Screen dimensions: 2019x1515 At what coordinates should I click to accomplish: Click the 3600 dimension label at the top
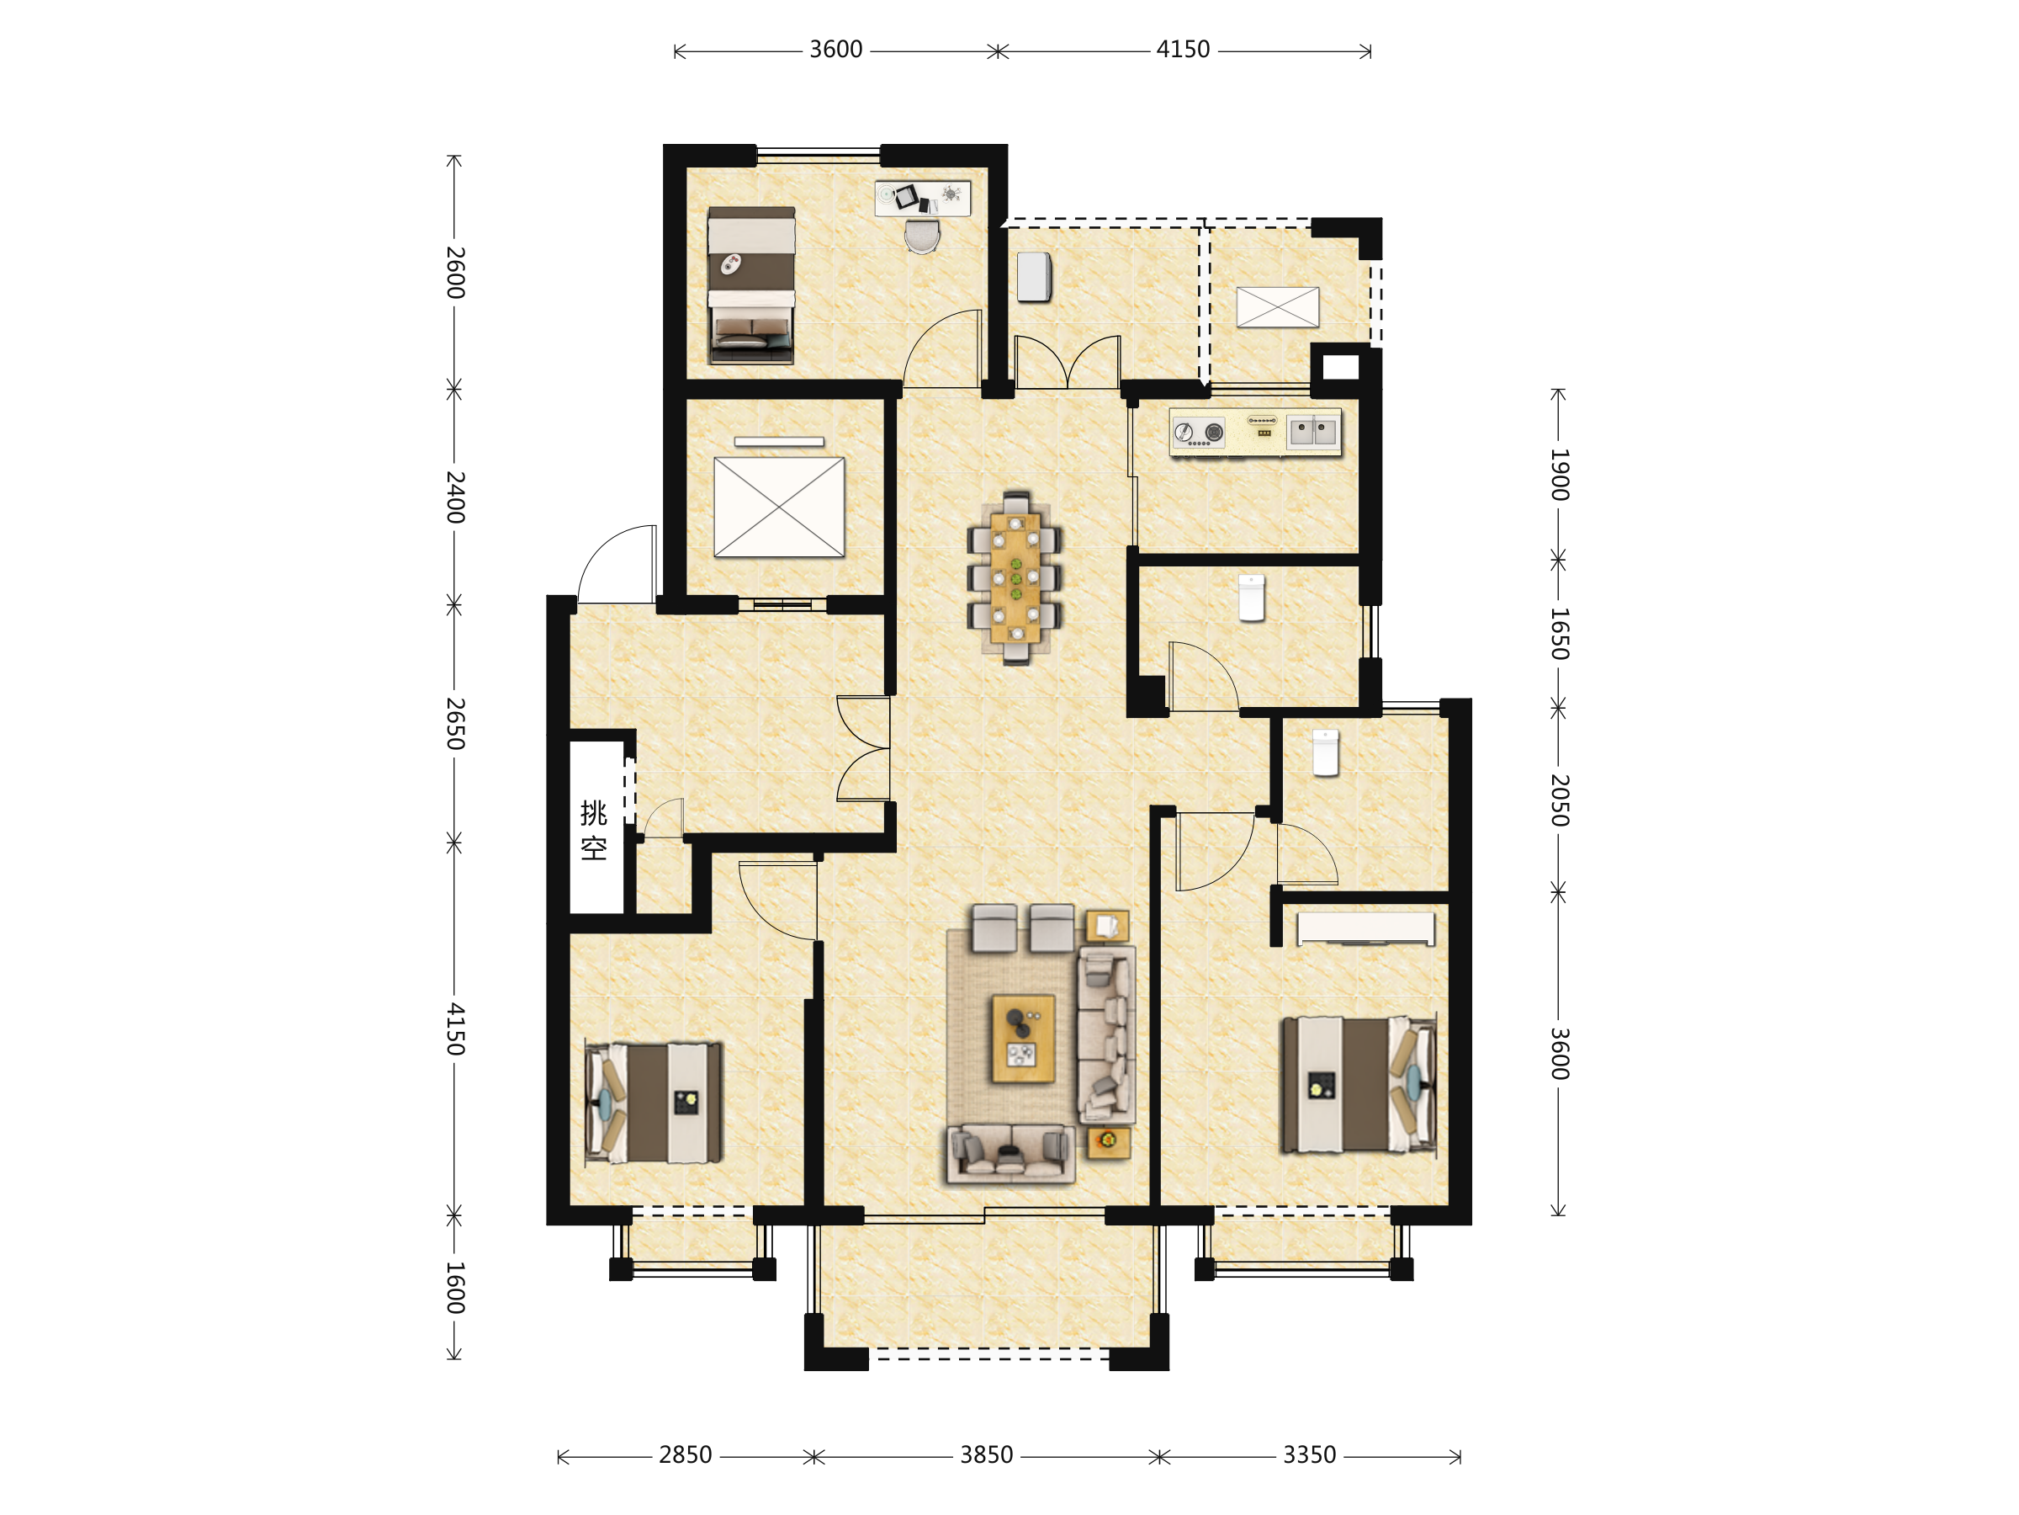pyautogui.click(x=835, y=50)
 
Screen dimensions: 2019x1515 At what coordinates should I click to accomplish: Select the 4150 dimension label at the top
pyautogui.click(x=1183, y=50)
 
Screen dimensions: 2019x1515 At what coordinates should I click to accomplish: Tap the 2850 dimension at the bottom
pyautogui.click(x=685, y=1454)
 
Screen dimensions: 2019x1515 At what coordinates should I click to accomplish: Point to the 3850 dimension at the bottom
pyautogui.click(x=986, y=1454)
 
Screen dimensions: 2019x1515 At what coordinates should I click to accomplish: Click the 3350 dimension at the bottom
pyautogui.click(x=1309, y=1454)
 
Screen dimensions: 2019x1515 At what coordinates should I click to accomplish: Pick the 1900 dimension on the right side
pyautogui.click(x=1559, y=474)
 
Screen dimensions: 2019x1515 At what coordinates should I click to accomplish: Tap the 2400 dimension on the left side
pyautogui.click(x=454, y=497)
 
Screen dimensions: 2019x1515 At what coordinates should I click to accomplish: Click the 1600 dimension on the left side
pyautogui.click(x=454, y=1288)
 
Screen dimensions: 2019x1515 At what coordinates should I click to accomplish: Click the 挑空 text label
pyautogui.click(x=593, y=830)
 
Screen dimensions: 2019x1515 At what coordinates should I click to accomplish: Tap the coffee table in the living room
pyautogui.click(x=1023, y=1039)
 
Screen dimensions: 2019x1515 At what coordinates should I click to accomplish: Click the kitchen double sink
pyautogui.click(x=1313, y=431)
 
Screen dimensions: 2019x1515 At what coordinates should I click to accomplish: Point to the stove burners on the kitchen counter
pyautogui.click(x=1199, y=433)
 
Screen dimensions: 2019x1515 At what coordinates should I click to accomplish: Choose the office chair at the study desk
pyautogui.click(x=922, y=236)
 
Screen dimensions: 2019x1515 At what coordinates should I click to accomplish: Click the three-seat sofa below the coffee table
pyautogui.click(x=1010, y=1154)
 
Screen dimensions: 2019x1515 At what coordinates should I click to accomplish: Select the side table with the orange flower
pyautogui.click(x=1109, y=1141)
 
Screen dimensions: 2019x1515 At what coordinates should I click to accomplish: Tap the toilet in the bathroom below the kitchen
pyautogui.click(x=1252, y=598)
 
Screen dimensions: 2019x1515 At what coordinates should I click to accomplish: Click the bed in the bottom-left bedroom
pyautogui.click(x=654, y=1103)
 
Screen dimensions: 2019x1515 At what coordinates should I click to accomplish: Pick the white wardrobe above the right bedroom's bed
pyautogui.click(x=1365, y=928)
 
